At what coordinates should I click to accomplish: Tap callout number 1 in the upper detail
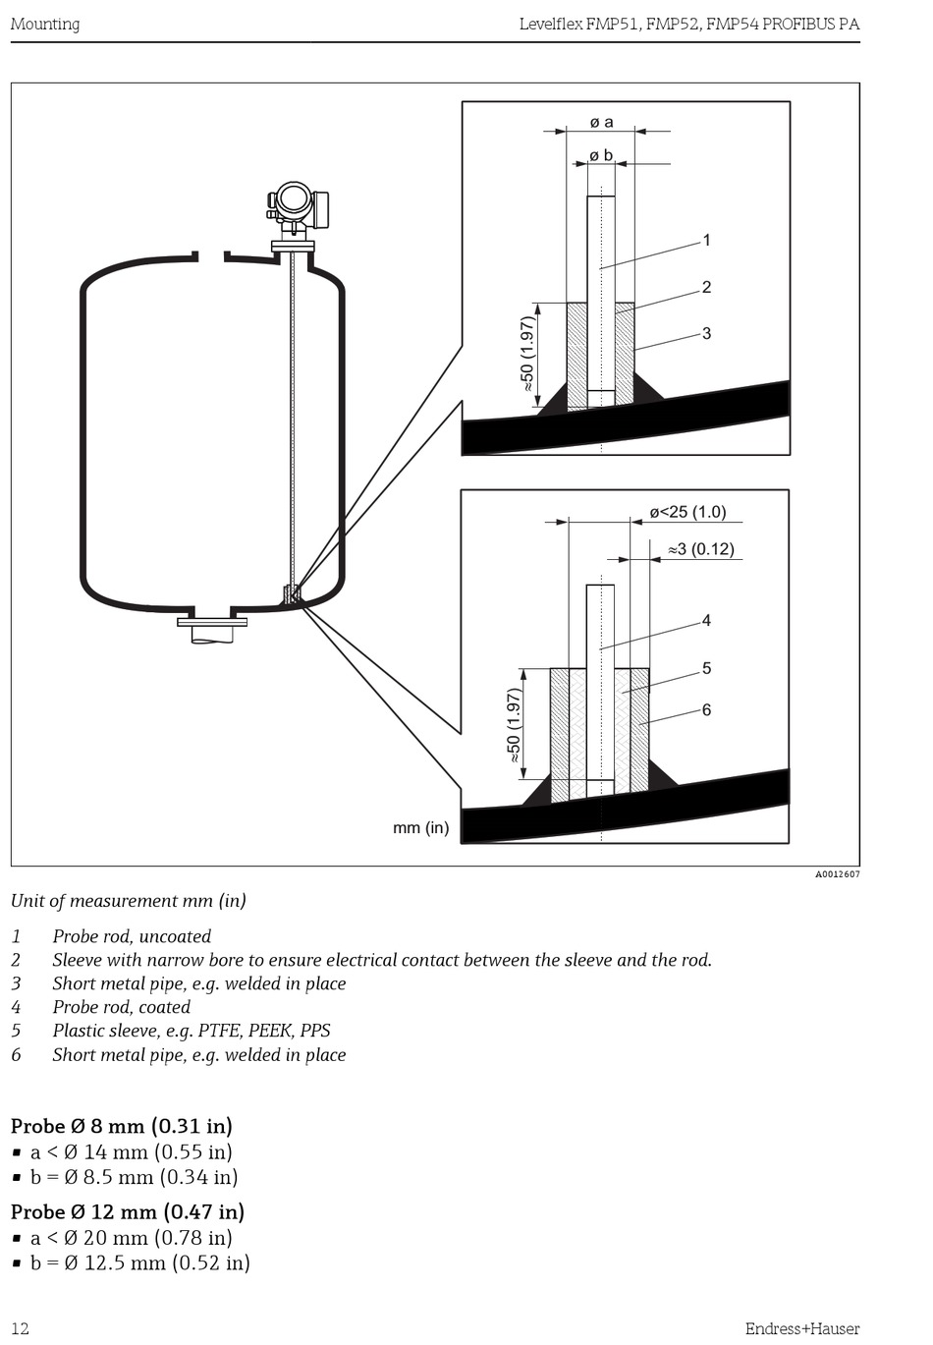click(x=707, y=240)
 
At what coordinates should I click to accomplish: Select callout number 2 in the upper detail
click(x=707, y=287)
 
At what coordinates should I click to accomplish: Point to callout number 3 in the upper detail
click(x=707, y=333)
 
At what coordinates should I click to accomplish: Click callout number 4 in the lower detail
click(x=707, y=620)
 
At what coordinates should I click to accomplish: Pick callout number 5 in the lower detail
click(x=707, y=668)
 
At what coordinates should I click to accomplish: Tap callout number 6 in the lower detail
click(x=707, y=709)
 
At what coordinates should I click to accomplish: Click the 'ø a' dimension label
click(x=602, y=123)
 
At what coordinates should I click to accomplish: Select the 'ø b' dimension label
click(x=601, y=155)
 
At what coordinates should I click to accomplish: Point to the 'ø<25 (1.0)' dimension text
click(x=687, y=512)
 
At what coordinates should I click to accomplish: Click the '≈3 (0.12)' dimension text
click(x=701, y=549)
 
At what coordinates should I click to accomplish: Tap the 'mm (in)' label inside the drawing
click(x=421, y=827)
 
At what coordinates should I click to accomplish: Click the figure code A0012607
click(x=838, y=874)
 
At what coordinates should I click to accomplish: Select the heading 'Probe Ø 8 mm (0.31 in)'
click(x=121, y=1125)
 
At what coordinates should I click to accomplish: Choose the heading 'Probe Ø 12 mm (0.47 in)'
click(x=128, y=1211)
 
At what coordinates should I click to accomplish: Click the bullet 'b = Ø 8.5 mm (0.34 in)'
click(x=134, y=1177)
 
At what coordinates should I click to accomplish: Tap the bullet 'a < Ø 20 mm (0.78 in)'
click(x=131, y=1238)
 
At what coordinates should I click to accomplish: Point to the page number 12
click(x=20, y=1328)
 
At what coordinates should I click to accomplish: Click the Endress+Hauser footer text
click(x=802, y=1328)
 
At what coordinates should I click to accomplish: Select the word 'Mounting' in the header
click(x=45, y=24)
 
